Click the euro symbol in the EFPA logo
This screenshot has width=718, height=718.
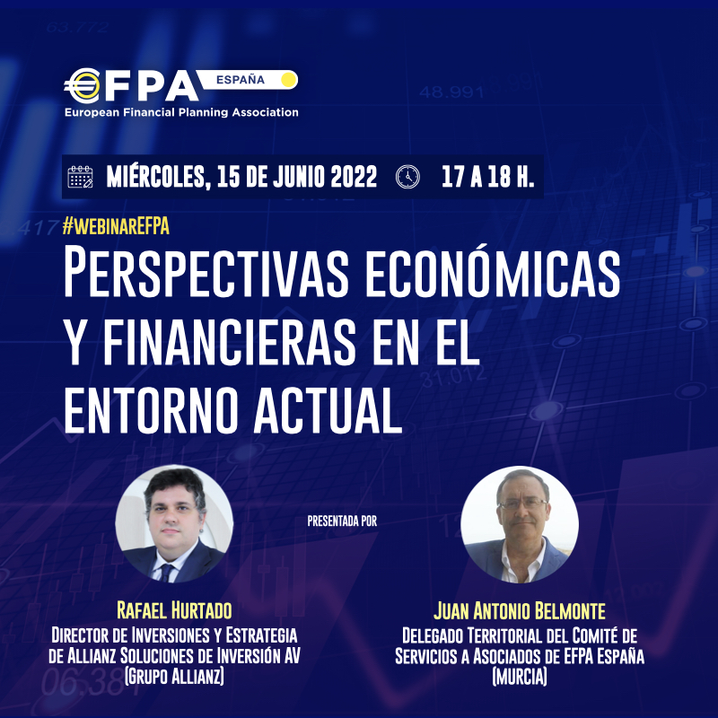click(x=83, y=85)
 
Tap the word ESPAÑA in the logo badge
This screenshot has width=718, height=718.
click(x=241, y=80)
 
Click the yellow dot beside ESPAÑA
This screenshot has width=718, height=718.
click(x=288, y=80)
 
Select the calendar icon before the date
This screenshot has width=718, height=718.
click(x=80, y=177)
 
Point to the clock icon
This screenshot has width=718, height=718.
click(x=407, y=177)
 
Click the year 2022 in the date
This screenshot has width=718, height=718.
click(x=353, y=177)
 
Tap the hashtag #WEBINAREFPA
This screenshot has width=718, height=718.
click(x=116, y=226)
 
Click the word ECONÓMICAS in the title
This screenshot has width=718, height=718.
click(x=492, y=273)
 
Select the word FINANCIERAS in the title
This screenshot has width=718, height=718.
click(x=230, y=342)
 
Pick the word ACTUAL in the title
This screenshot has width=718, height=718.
click(x=328, y=410)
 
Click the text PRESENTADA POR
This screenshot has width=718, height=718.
click(x=342, y=521)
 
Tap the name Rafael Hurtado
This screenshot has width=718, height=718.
click(x=174, y=610)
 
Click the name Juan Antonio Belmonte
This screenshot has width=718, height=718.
click(x=520, y=611)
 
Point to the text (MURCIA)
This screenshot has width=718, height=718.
click(x=520, y=677)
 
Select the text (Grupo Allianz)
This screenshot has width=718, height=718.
click(x=174, y=677)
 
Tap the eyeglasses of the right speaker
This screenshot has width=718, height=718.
click(x=522, y=503)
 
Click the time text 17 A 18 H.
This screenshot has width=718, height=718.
click(x=487, y=177)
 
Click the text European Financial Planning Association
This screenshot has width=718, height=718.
click(x=181, y=112)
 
